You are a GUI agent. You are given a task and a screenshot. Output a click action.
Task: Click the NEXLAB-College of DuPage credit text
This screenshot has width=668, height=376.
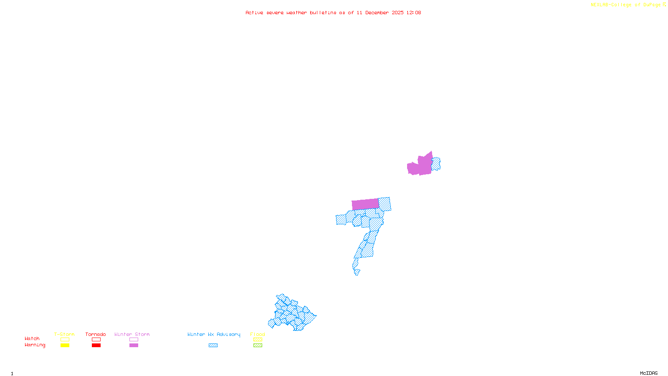[626, 5]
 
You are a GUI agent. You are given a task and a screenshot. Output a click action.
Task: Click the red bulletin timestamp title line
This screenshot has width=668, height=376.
[333, 13]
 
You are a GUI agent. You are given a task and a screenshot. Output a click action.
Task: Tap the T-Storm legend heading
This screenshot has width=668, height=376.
[64, 334]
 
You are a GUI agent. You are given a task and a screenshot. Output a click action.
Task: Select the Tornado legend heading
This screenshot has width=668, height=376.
[96, 334]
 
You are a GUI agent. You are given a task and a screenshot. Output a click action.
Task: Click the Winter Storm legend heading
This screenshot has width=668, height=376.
[132, 334]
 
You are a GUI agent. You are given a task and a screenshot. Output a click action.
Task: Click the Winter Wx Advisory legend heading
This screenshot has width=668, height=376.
[214, 334]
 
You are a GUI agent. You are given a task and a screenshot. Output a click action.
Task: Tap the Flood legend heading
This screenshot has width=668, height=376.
[258, 334]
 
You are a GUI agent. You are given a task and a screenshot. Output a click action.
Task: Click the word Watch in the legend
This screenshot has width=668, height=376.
[32, 339]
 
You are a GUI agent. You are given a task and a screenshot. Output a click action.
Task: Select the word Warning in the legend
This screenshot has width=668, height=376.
[35, 345]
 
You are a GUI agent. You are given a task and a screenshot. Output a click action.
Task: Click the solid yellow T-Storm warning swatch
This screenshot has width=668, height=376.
[65, 346]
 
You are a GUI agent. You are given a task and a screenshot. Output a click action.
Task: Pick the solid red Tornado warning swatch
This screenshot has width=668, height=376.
[96, 346]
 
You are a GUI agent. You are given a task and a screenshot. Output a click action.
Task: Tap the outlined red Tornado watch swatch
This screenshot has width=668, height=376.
[96, 340]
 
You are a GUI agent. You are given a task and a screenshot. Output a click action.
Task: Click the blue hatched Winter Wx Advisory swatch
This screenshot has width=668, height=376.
[213, 346]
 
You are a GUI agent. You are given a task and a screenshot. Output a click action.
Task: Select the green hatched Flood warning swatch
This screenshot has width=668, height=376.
[258, 346]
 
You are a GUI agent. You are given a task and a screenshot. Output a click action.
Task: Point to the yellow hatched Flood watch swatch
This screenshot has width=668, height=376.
[258, 340]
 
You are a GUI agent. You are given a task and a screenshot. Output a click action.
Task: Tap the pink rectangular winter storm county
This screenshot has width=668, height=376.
[365, 204]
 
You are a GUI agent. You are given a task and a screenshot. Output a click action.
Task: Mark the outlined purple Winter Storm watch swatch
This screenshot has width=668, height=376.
[134, 340]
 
